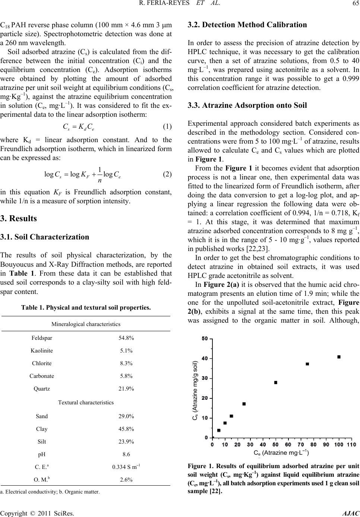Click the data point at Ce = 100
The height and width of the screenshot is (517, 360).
(x=339, y=357)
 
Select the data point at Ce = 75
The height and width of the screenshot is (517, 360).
(x=307, y=364)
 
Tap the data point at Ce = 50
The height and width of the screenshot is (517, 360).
(x=276, y=382)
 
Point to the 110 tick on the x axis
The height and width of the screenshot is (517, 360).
(x=351, y=444)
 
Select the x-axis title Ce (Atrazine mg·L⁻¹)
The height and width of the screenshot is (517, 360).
(x=281, y=453)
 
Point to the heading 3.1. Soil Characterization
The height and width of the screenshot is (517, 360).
(x=50, y=237)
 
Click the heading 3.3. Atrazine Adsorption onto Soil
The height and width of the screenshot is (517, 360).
(x=248, y=105)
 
